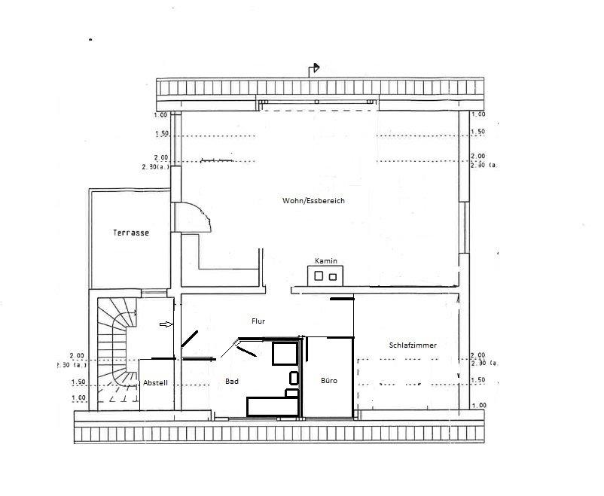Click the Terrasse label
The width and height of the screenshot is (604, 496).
click(x=131, y=233)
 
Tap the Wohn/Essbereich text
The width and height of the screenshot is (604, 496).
click(x=313, y=201)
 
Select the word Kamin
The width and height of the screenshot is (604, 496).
click(x=326, y=261)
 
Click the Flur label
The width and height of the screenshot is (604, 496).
click(x=258, y=321)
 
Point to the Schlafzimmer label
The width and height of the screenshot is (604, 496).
click(x=413, y=345)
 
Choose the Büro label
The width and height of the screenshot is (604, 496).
click(x=329, y=381)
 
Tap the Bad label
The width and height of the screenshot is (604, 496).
click(x=232, y=382)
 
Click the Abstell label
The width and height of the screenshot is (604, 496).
click(x=155, y=383)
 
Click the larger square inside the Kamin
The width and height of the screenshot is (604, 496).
click(x=319, y=275)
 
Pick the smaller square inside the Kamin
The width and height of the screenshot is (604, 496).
click(x=332, y=277)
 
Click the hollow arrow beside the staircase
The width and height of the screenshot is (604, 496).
click(x=166, y=324)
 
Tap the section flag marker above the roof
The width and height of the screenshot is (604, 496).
click(x=314, y=69)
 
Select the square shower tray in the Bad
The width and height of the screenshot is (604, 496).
click(x=285, y=353)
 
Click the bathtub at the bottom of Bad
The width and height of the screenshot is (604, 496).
click(x=273, y=406)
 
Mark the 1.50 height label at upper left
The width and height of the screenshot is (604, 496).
click(x=162, y=134)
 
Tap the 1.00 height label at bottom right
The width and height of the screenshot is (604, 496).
click(x=478, y=405)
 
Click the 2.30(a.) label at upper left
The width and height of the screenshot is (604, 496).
click(x=156, y=167)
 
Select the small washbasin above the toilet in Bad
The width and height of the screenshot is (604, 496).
click(x=294, y=378)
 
